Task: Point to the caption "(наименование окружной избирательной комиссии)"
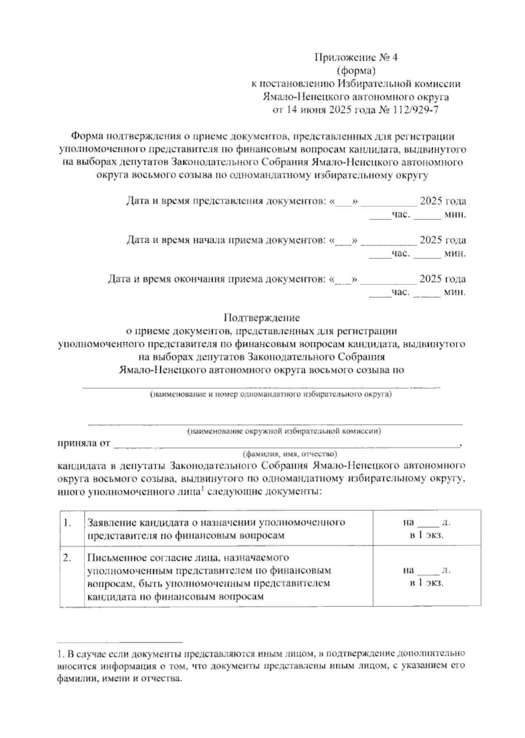point(283,432)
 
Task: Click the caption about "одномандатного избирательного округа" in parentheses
point(271,395)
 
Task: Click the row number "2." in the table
point(67,558)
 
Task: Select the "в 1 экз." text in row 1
point(427,535)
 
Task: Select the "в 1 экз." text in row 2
point(427,583)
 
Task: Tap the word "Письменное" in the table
point(115,558)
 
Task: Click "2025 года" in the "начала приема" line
point(442,240)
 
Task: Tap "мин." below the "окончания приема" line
point(455,292)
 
